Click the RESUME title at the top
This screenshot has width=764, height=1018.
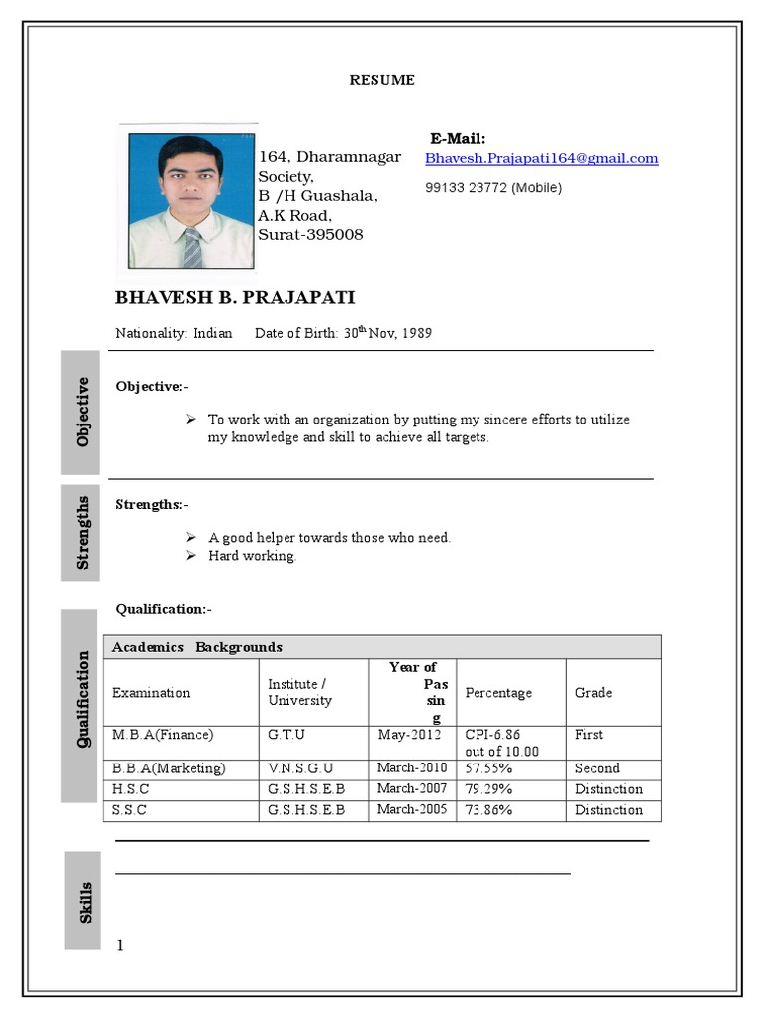point(382,80)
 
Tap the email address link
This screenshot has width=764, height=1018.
point(541,158)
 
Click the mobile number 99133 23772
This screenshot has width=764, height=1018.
point(492,187)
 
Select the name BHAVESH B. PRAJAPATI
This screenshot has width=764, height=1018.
point(235,298)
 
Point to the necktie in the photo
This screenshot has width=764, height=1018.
point(191,248)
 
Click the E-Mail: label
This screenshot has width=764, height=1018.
point(458,138)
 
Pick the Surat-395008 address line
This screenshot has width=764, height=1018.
point(310,235)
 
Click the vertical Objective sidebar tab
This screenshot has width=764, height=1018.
point(82,412)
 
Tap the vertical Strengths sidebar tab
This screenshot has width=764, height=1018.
point(82,532)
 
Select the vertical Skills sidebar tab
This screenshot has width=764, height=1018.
point(84,901)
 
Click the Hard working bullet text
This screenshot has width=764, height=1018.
point(252,556)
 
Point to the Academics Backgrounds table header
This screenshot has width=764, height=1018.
point(197,647)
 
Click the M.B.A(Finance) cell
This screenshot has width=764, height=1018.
point(163,735)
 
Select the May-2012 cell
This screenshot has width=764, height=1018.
point(408,735)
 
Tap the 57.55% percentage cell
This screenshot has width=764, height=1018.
point(489,768)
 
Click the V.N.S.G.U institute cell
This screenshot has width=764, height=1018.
point(300,768)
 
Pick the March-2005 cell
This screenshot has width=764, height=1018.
point(412,809)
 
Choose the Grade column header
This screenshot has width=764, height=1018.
point(593,692)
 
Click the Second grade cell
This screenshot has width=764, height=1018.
point(597,768)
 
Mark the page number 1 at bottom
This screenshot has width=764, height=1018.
point(120,945)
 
